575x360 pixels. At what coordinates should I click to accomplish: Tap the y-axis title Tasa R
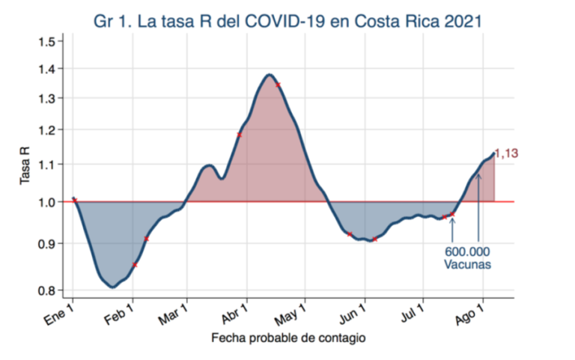coord(24,166)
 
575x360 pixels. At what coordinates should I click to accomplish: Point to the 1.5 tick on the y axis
coord(46,41)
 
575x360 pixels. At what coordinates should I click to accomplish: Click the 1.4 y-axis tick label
coord(46,69)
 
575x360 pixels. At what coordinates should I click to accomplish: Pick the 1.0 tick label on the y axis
coord(46,202)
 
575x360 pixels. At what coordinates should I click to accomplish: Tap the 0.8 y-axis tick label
coord(46,290)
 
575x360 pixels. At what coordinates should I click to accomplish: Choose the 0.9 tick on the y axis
coord(46,243)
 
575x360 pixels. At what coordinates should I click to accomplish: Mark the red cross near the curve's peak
coord(278,85)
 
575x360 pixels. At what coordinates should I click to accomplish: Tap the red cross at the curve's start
coord(74,200)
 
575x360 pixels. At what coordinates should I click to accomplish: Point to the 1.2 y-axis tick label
coord(46,130)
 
